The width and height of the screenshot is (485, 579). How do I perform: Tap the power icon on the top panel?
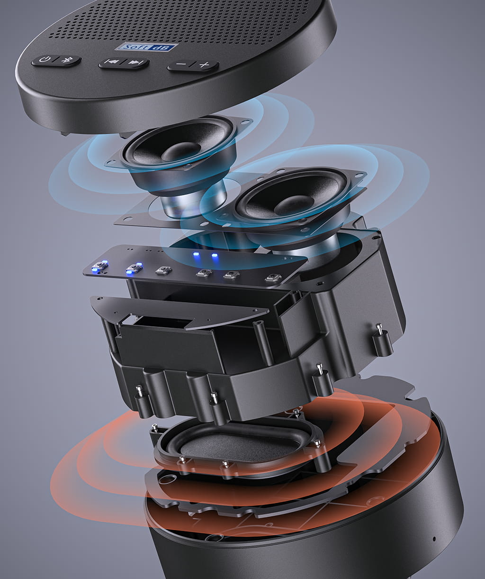(44, 60)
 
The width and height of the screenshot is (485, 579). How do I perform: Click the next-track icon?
(135, 63)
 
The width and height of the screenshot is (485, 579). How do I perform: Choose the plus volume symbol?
(204, 65)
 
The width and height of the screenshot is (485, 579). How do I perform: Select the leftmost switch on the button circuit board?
(100, 266)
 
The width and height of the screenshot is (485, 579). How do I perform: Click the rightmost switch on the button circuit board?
(271, 278)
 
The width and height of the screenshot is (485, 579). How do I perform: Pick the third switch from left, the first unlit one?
(164, 270)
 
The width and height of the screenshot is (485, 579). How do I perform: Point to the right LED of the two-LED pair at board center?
(214, 256)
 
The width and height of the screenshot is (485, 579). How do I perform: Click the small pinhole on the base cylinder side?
(434, 539)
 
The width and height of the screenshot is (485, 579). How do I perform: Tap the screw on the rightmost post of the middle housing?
(379, 328)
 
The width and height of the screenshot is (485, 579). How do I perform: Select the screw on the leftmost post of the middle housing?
(139, 390)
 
